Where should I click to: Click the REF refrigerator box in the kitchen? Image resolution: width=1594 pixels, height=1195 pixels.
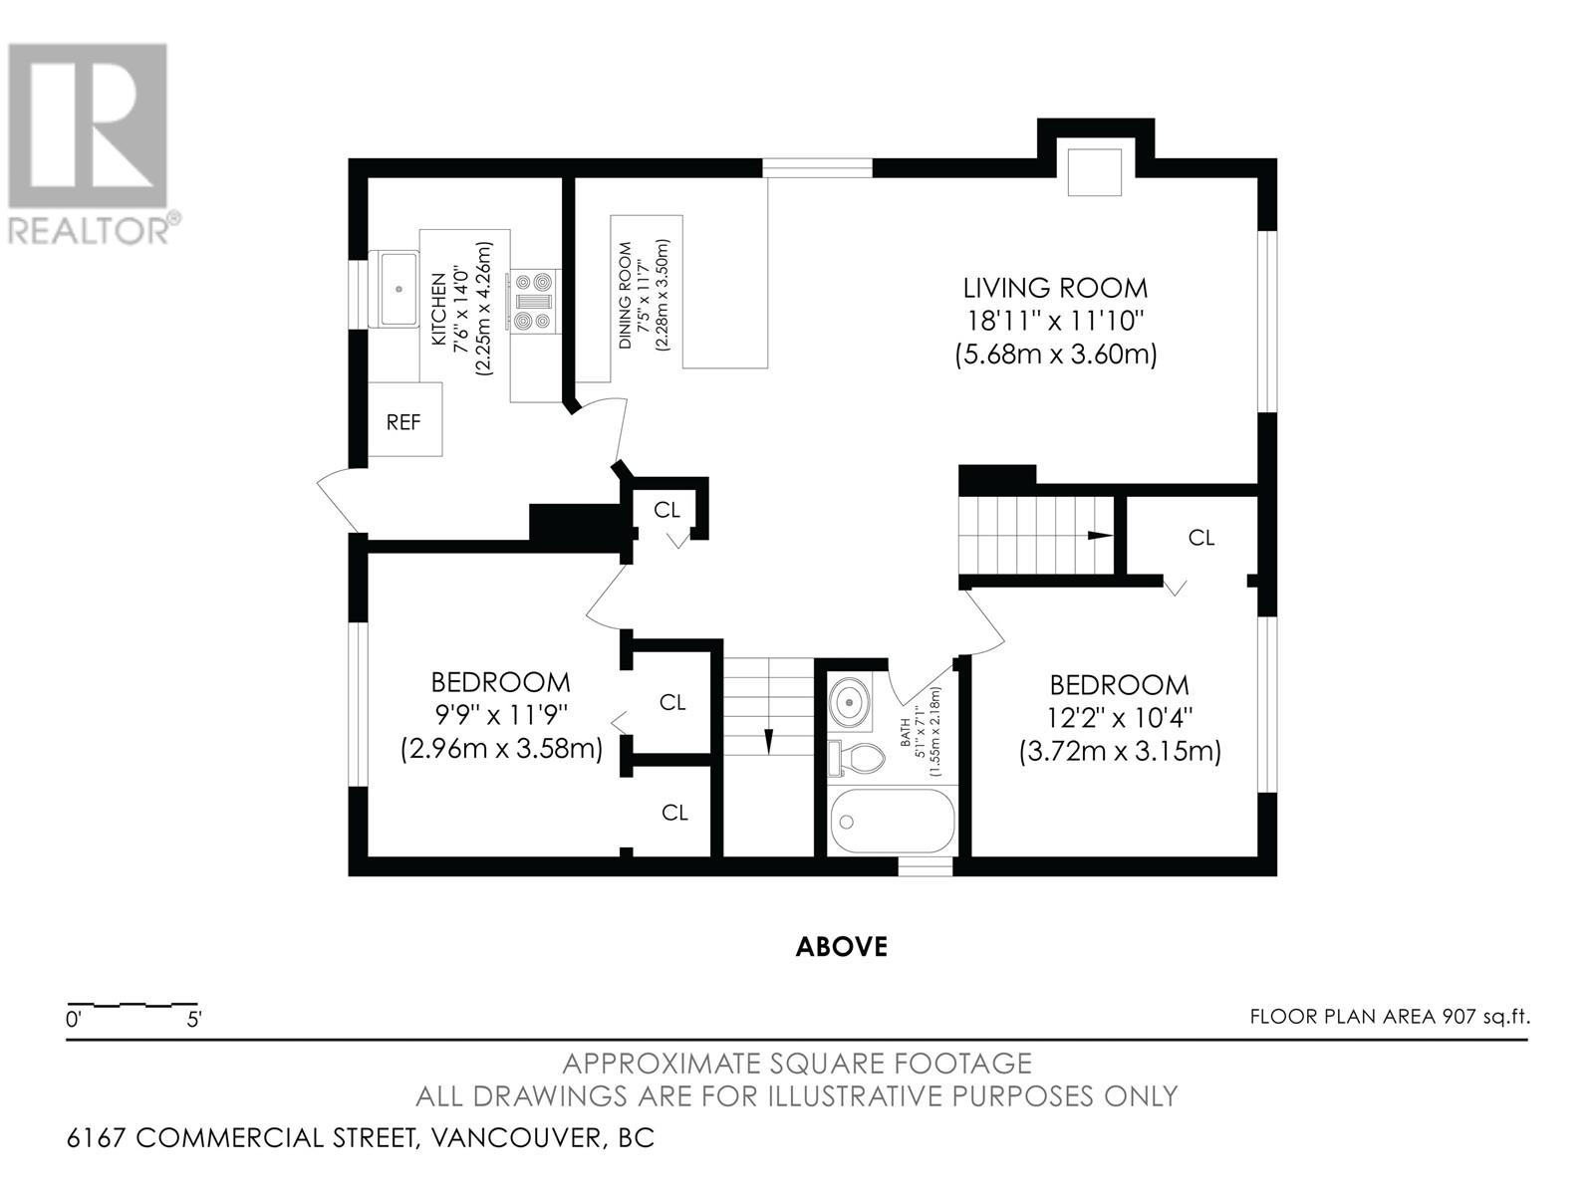tap(404, 419)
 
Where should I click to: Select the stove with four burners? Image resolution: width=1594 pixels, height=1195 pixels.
tap(534, 301)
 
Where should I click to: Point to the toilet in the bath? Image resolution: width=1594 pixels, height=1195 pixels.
tap(857, 759)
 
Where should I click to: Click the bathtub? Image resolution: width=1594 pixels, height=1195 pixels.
tap(892, 821)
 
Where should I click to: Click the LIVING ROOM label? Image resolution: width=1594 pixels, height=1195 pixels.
tap(1055, 288)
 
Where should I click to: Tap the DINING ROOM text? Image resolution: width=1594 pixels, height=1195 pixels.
tap(625, 295)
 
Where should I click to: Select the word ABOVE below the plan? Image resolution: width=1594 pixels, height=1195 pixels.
tap(842, 946)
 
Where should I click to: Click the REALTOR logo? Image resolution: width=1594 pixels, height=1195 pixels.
tap(89, 143)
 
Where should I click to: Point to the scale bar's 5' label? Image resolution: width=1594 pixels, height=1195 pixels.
tap(194, 1020)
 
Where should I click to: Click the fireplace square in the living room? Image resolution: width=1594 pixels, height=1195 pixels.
tap(1094, 171)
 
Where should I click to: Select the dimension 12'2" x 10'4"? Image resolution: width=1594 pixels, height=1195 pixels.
tap(1120, 718)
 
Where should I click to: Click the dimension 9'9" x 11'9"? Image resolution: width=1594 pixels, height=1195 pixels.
tap(501, 715)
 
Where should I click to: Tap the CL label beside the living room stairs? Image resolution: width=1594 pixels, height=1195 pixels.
tap(1201, 538)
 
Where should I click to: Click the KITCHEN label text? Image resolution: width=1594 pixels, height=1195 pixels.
tap(438, 309)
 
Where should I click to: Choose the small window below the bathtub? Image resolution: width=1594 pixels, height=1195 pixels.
tap(926, 866)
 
